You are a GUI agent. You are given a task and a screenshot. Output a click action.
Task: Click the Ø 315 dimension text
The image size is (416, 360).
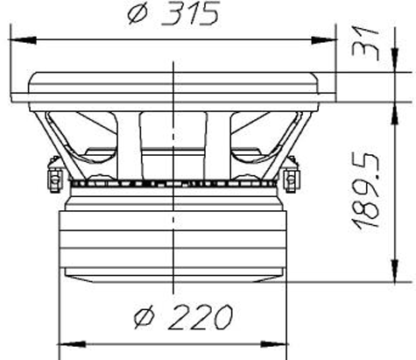[173, 14]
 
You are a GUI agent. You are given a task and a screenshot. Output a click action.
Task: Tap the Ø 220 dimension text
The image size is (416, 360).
[183, 317]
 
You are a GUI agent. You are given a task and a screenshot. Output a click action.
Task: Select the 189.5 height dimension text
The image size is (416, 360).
[366, 191]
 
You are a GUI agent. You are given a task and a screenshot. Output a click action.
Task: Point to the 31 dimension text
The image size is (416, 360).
[365, 43]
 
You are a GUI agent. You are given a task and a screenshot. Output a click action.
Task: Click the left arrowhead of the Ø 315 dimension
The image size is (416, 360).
[23, 39]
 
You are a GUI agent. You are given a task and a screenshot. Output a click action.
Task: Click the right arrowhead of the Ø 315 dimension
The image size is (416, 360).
[323, 39]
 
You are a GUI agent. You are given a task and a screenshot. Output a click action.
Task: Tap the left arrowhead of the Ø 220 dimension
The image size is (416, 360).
[73, 344]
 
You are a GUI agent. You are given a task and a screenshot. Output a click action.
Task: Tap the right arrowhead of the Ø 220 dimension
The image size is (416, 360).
[273, 344]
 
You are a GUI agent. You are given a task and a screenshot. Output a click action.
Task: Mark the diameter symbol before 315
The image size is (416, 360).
[137, 14]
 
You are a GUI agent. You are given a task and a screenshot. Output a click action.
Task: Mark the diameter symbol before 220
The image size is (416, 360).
[144, 318]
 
